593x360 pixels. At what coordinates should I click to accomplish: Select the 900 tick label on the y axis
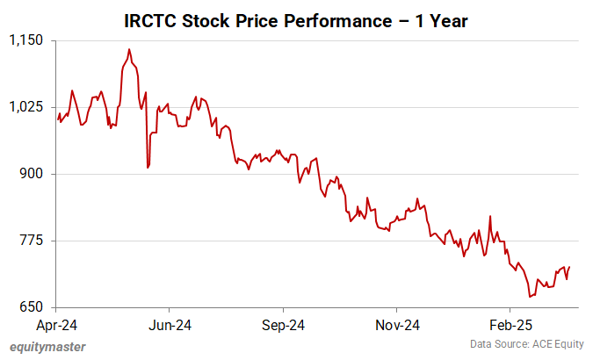click(33, 174)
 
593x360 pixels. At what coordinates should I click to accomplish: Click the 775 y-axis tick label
click(33, 241)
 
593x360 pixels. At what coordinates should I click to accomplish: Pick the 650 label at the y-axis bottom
click(33, 307)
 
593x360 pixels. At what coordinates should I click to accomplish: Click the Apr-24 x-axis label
click(56, 324)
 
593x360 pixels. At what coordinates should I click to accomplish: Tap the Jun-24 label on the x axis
click(170, 324)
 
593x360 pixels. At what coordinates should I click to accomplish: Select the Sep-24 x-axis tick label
click(283, 324)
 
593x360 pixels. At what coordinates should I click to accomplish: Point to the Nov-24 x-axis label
click(396, 324)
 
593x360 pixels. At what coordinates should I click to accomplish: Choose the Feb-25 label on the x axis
click(510, 324)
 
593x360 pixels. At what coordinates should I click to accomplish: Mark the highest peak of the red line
click(129, 50)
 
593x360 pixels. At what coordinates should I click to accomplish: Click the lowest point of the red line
click(530, 297)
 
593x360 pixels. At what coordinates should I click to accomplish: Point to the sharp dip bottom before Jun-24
click(148, 167)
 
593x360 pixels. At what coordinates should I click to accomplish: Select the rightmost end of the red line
click(569, 267)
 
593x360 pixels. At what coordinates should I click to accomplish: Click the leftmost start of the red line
click(57, 119)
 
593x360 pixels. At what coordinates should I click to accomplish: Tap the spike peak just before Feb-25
click(490, 216)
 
